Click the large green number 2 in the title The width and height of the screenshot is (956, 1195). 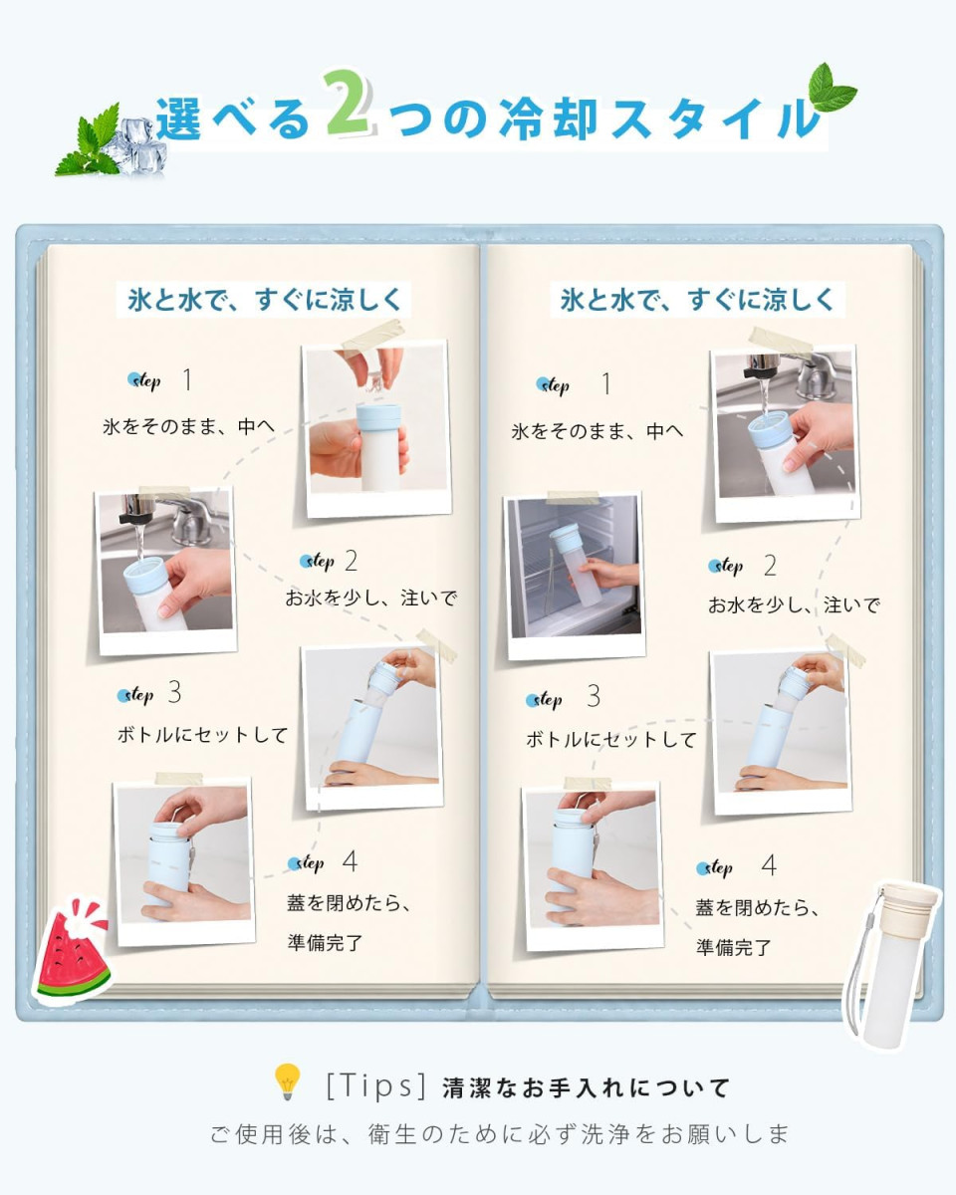(x=349, y=104)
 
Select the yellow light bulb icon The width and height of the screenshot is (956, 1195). (x=287, y=1081)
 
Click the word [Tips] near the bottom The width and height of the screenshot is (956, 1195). (x=375, y=1085)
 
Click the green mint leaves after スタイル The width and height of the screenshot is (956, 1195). (x=830, y=89)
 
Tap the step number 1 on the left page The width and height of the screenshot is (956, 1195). (x=187, y=379)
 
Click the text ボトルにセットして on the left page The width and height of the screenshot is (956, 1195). (x=202, y=735)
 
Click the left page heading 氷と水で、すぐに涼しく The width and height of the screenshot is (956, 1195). (x=264, y=300)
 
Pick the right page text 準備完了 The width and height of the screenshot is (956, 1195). (x=734, y=947)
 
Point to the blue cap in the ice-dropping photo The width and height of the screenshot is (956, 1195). (x=378, y=418)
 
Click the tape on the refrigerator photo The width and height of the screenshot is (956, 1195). (x=573, y=497)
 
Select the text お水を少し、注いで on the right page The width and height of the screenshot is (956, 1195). (x=794, y=604)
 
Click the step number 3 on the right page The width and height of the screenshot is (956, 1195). (x=594, y=696)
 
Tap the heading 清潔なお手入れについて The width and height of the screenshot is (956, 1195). (x=586, y=1088)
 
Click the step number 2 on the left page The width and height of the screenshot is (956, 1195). (x=351, y=561)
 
